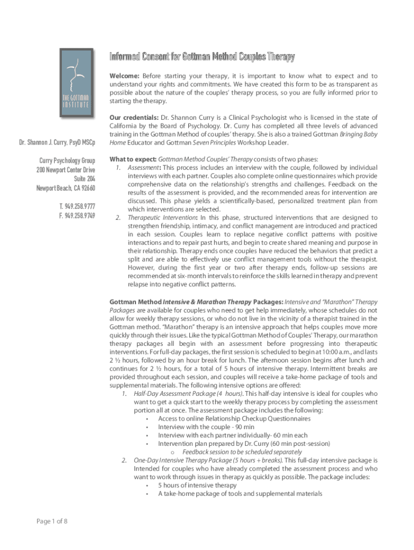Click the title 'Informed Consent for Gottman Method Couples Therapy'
(x=202, y=57)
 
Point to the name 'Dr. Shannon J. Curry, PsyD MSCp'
(x=57, y=142)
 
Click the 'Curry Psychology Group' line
(x=67, y=161)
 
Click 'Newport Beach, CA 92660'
(x=66, y=188)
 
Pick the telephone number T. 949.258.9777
(x=77, y=206)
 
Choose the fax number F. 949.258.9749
(x=77, y=215)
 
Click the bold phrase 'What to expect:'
(x=132, y=160)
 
